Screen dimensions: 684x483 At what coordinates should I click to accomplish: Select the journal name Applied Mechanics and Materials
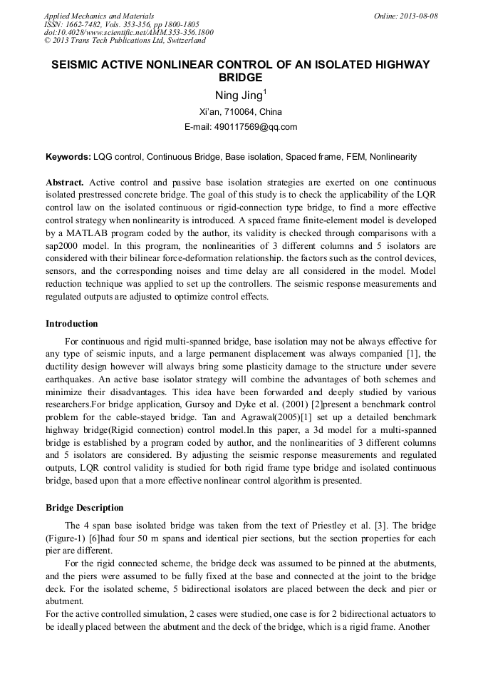(x=98, y=16)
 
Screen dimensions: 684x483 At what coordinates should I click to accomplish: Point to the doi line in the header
(x=128, y=33)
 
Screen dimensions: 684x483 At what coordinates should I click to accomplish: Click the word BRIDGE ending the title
(x=241, y=78)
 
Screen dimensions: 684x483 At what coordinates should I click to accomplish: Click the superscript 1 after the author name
(x=265, y=92)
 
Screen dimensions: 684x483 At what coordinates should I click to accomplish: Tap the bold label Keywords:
(x=68, y=156)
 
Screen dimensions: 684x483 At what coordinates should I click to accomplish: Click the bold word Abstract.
(x=65, y=183)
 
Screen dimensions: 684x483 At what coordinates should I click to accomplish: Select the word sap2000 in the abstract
(x=66, y=247)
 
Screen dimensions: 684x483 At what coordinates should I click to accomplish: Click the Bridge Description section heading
(x=84, y=508)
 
